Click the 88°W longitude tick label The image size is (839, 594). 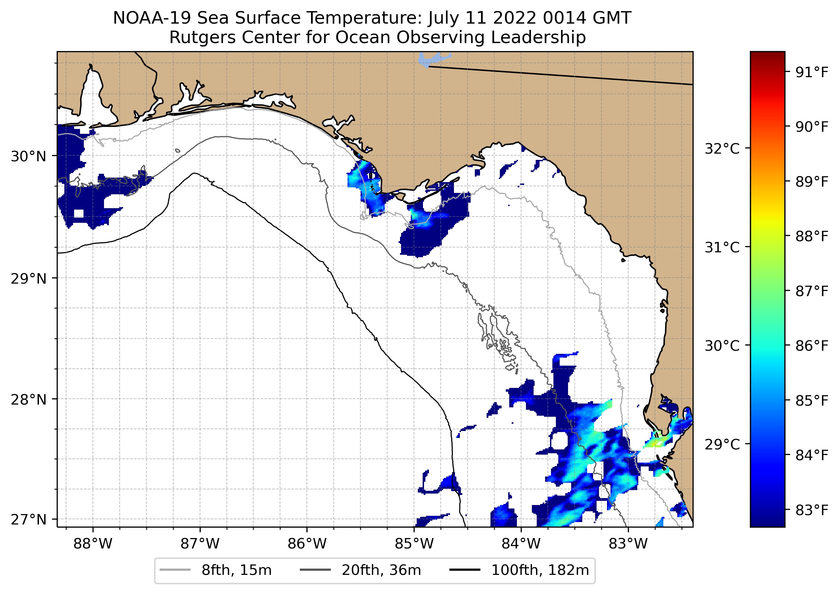[93, 544]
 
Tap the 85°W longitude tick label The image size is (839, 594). [414, 544]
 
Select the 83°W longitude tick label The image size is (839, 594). [628, 544]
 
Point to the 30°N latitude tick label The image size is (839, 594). [29, 156]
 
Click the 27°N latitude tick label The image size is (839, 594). [29, 519]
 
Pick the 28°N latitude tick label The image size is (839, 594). [29, 400]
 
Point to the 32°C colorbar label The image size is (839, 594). [722, 149]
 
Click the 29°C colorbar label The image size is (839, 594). [722, 445]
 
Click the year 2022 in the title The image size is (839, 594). [517, 18]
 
